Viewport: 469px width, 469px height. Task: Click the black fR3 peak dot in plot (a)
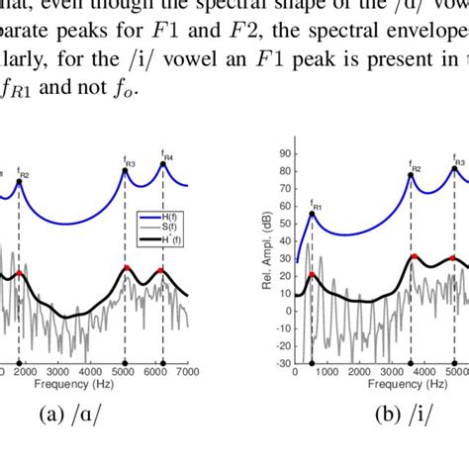[x=125, y=170]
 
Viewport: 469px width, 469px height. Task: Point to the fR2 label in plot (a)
[x=22, y=174]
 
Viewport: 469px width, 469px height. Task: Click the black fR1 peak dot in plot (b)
[x=312, y=213]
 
